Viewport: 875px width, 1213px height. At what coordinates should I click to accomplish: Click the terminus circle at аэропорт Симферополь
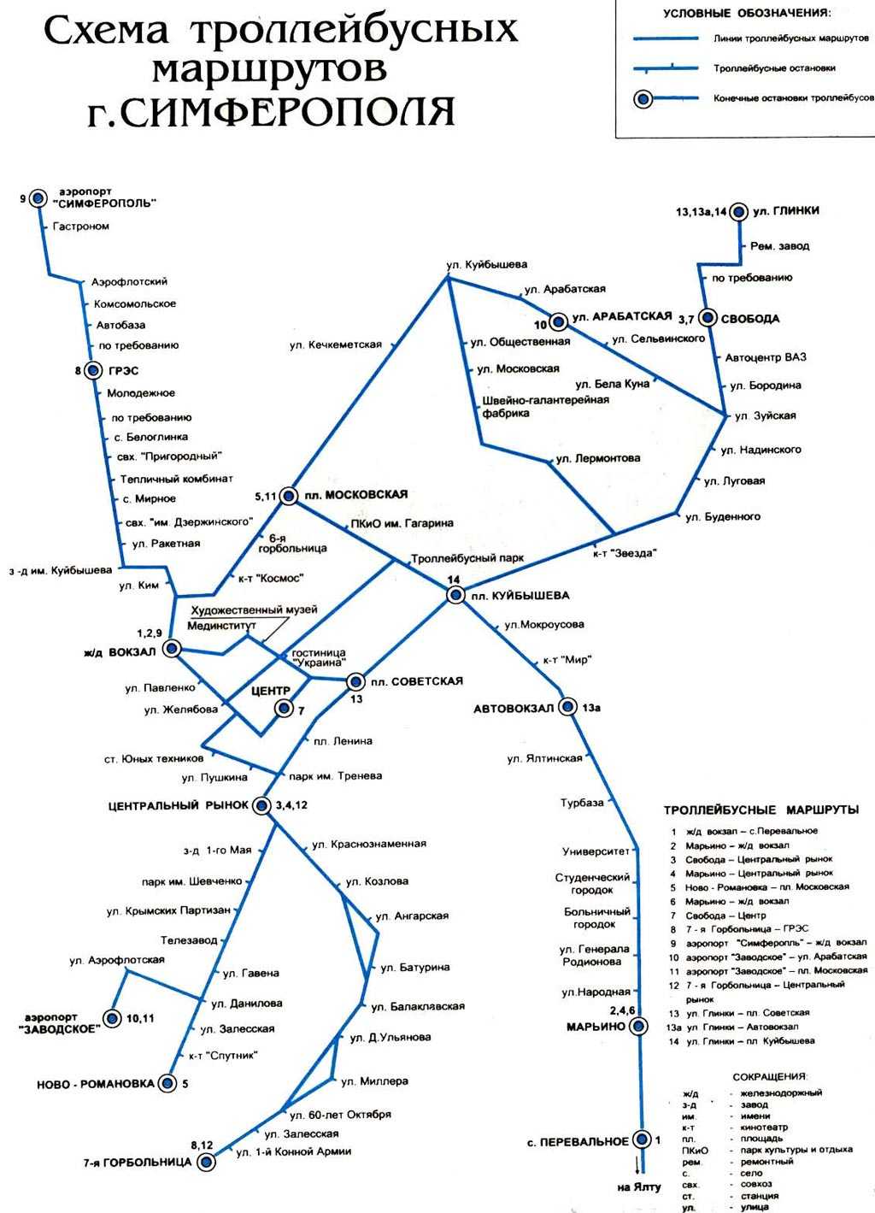[x=38, y=198]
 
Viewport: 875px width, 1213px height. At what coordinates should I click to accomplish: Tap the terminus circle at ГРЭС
[x=93, y=370]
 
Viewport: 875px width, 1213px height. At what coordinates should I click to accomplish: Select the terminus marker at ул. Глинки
[x=738, y=212]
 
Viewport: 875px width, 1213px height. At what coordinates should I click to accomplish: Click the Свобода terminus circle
[x=708, y=318]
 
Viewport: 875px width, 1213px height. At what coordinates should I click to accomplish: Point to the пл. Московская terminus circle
[x=289, y=495]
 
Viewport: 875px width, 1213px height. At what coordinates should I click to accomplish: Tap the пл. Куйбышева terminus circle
[x=456, y=595]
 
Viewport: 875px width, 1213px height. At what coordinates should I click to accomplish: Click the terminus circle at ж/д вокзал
[x=173, y=648]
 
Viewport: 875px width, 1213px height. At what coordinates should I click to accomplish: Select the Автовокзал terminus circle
[x=568, y=706]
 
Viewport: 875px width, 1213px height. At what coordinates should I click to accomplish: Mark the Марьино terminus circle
[x=639, y=1026]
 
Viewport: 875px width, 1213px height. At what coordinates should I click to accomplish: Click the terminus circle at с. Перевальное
[x=643, y=1139]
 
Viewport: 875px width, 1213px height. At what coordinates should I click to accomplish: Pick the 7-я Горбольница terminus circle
[x=206, y=1162]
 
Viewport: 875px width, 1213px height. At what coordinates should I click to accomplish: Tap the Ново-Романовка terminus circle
[x=167, y=1083]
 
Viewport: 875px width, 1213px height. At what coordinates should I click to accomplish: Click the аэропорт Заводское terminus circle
[x=113, y=1019]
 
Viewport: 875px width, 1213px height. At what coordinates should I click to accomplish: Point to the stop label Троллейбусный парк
[x=467, y=558]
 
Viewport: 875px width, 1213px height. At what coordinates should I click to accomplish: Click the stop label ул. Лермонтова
[x=598, y=459]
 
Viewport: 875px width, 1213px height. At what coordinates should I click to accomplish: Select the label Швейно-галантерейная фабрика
[x=546, y=406]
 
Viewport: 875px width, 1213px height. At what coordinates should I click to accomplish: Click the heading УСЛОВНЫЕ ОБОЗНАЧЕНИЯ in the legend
[x=747, y=13]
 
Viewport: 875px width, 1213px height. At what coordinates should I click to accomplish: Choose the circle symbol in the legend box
[x=643, y=99]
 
